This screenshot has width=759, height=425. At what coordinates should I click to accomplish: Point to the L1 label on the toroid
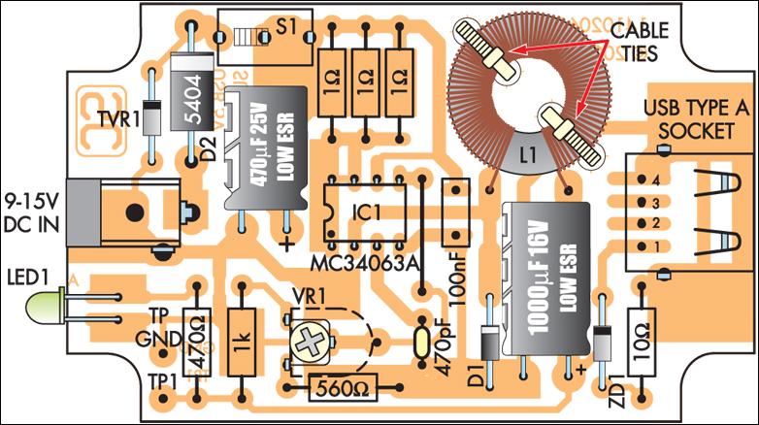pyautogui.click(x=528, y=153)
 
